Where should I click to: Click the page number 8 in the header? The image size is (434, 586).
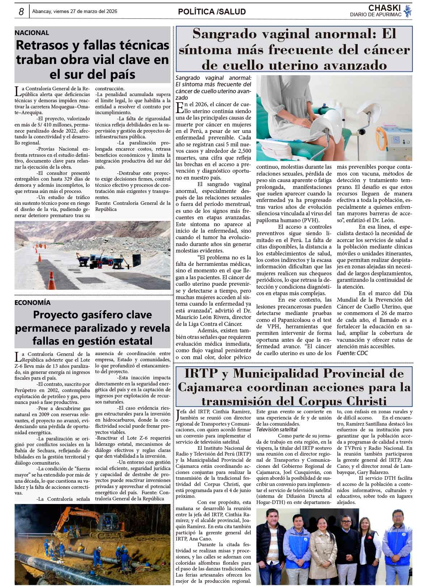[x=21, y=12]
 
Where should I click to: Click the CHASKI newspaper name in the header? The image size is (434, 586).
[x=384, y=8]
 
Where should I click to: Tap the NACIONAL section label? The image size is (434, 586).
[x=32, y=33]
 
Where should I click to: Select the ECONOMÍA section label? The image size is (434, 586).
[x=33, y=303]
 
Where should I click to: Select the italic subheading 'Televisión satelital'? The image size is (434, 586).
[x=277, y=430]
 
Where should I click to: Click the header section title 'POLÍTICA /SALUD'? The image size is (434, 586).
[x=212, y=12]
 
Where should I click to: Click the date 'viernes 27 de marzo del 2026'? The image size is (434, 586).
[x=85, y=12]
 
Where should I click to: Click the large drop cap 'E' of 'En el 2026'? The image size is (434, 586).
[x=179, y=108]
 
